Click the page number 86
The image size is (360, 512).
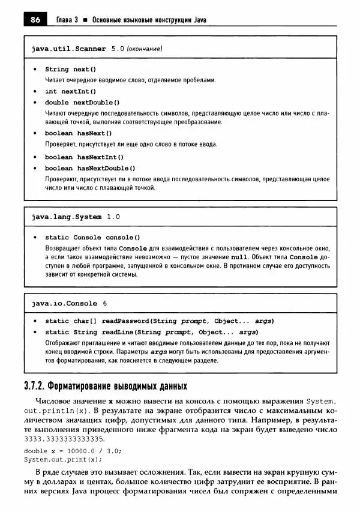coord(35,20)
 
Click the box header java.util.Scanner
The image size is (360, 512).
coord(68,48)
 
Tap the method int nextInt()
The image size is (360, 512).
coord(70,91)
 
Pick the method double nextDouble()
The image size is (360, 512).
coord(82,102)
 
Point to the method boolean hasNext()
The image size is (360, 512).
coord(78,133)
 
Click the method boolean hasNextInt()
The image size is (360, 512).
coord(84,157)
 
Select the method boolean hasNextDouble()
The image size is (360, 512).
coord(90,168)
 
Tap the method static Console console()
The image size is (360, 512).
coord(92,237)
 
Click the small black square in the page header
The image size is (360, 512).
coord(86,20)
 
